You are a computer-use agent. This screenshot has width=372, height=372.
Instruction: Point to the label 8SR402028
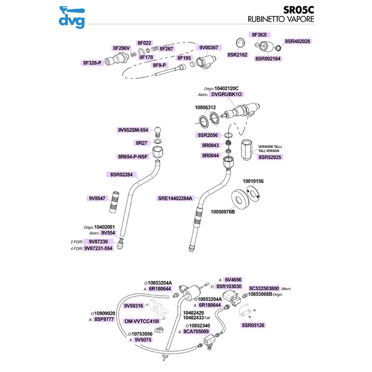click(x=297, y=41)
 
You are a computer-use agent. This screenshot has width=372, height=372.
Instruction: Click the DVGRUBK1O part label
click(x=227, y=94)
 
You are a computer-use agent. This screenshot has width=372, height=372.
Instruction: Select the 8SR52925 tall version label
click(x=271, y=158)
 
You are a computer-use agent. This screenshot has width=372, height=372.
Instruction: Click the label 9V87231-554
click(x=99, y=248)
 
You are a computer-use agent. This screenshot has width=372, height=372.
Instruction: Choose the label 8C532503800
click(x=264, y=288)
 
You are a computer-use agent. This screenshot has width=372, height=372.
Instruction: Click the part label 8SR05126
click(x=253, y=325)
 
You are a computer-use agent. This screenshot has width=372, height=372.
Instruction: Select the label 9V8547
click(x=97, y=199)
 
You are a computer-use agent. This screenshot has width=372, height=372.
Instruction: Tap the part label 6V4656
click(x=233, y=280)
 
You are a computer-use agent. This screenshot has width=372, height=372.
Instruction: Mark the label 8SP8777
click(x=104, y=319)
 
